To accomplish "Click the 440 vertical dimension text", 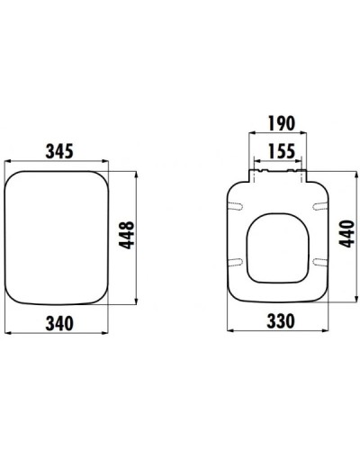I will tap(346, 238).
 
